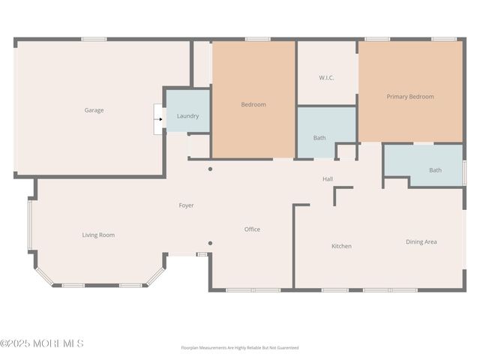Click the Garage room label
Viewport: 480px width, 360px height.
pyautogui.click(x=94, y=110)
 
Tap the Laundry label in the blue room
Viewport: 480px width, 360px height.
pyautogui.click(x=187, y=116)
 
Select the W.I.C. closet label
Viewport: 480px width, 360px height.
pyautogui.click(x=326, y=77)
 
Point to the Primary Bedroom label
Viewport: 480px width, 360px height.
pyautogui.click(x=410, y=97)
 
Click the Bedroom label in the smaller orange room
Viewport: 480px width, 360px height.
pyautogui.click(x=253, y=104)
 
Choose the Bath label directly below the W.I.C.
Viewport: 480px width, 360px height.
pyautogui.click(x=319, y=137)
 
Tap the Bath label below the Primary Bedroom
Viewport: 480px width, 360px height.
pyautogui.click(x=435, y=170)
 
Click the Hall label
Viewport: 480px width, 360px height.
pyautogui.click(x=328, y=179)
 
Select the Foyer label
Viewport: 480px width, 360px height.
pyautogui.click(x=186, y=205)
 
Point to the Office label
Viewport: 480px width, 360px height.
pyautogui.click(x=252, y=229)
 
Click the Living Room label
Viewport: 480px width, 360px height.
pyautogui.click(x=98, y=235)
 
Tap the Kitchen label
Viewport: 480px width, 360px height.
pyautogui.click(x=341, y=246)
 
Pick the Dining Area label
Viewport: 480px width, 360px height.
pyautogui.click(x=421, y=241)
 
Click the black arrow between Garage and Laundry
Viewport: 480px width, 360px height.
pyautogui.click(x=160, y=118)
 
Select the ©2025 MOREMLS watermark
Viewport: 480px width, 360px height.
pyautogui.click(x=42, y=343)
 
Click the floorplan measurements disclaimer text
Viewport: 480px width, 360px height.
pyautogui.click(x=240, y=348)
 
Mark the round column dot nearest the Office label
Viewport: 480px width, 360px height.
pyautogui.click(x=210, y=243)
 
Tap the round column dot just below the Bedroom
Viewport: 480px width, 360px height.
pyautogui.click(x=210, y=169)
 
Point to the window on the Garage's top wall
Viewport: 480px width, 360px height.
pyautogui.click(x=94, y=39)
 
